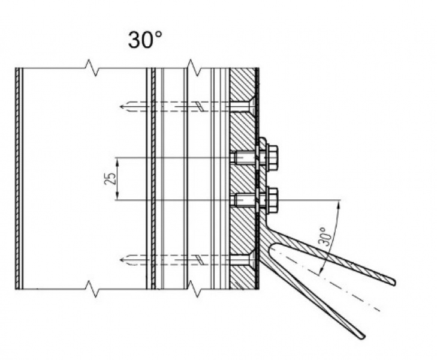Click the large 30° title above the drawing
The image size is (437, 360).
[x=145, y=40]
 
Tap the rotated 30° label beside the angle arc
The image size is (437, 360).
[x=322, y=238]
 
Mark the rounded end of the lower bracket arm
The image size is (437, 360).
[x=361, y=335]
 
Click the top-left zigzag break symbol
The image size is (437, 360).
[x=89, y=64]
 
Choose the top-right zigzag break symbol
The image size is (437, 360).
[x=192, y=64]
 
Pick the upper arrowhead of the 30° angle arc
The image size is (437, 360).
[x=339, y=203]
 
